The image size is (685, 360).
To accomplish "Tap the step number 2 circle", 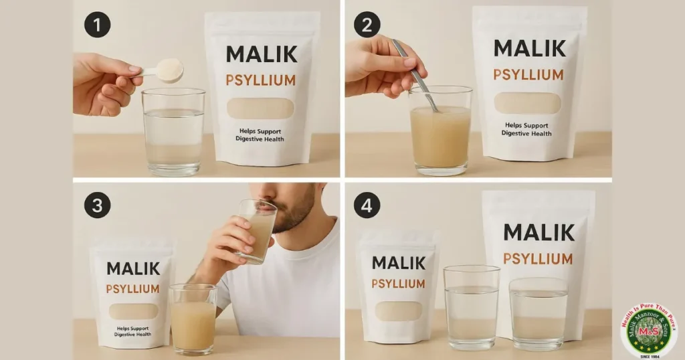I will pyautogui.click(x=367, y=25).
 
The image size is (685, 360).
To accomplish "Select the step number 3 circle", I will pyautogui.click(x=97, y=205).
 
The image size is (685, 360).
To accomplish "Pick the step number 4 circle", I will pyautogui.click(x=367, y=205).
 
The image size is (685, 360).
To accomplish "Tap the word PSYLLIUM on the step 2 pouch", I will pyautogui.click(x=527, y=74).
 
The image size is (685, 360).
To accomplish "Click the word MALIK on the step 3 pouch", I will pyautogui.click(x=133, y=268).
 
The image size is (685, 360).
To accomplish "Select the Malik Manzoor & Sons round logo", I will pyautogui.click(x=648, y=330).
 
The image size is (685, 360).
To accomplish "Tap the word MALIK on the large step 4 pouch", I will pyautogui.click(x=539, y=232).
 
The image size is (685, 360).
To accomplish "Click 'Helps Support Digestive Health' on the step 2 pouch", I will pyautogui.click(x=528, y=129).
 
